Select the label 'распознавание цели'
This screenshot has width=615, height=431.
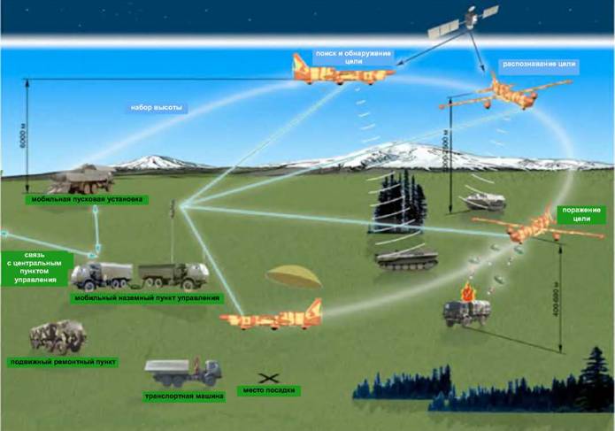tap(539, 65)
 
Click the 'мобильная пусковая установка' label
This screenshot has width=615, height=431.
tap(87, 200)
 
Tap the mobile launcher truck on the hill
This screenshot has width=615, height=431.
tap(81, 180)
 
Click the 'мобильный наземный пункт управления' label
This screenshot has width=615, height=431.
tap(146, 298)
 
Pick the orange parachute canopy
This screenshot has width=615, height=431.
tap(293, 276)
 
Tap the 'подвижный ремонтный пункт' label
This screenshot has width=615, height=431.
tap(63, 362)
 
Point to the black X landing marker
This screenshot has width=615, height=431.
tap(264, 378)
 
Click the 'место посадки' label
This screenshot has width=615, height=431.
tap(273, 390)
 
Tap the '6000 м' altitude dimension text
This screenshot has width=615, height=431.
tap(23, 137)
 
